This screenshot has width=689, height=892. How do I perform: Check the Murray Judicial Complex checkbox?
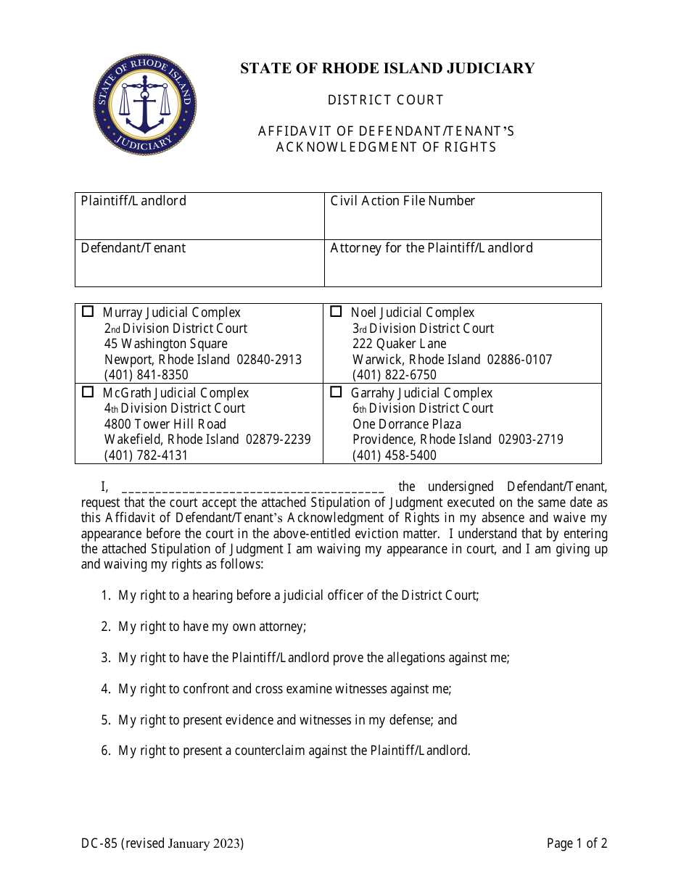88,312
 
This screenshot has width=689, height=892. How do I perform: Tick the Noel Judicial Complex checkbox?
336,312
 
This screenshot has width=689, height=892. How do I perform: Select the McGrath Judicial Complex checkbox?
88,392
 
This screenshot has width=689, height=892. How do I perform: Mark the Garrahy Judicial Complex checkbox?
336,392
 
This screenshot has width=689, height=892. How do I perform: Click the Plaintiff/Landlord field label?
133,201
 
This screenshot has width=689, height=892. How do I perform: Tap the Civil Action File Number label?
403,201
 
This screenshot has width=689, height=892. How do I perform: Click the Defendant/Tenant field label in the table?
133,248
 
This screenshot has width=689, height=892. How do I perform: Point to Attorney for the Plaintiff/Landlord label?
432,248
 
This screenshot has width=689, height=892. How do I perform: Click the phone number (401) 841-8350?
146,375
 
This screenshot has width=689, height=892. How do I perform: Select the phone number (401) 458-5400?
395,455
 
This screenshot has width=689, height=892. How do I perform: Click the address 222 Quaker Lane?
400,344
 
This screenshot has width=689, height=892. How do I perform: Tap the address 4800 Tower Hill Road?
165,424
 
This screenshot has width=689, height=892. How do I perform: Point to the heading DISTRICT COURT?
385,100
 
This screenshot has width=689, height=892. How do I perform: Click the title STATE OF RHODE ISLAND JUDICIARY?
387,69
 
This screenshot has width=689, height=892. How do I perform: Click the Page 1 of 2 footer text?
577,843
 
